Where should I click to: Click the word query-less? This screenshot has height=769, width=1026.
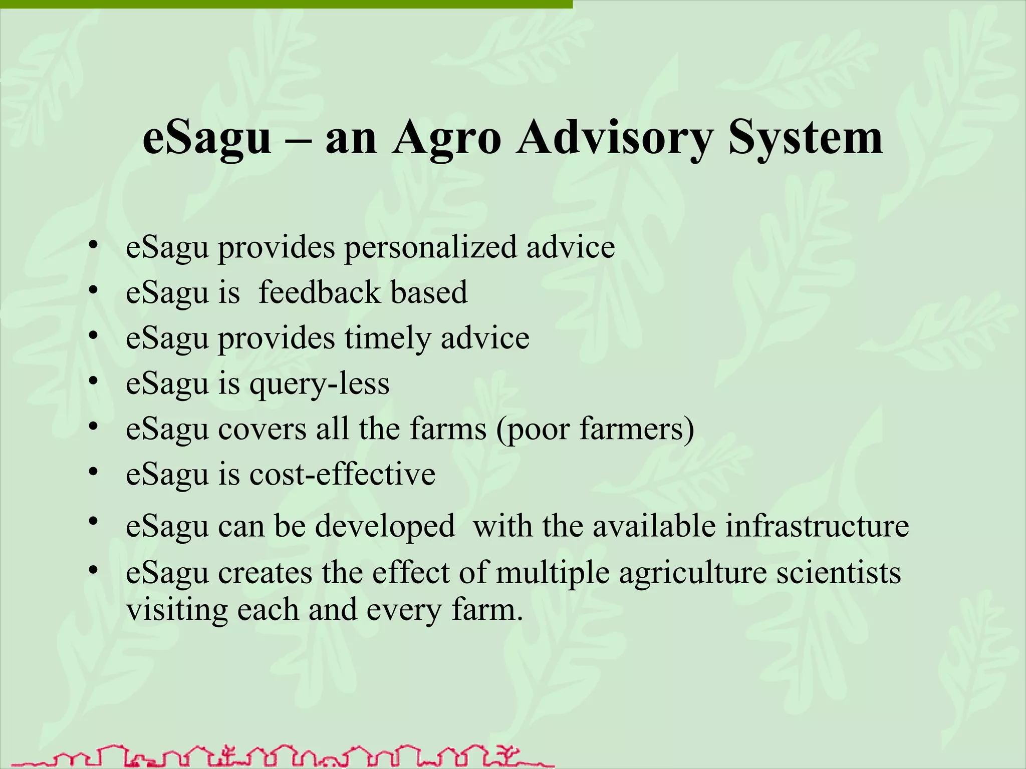coord(319,384)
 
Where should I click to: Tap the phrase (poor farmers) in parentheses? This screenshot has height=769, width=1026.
coord(595,430)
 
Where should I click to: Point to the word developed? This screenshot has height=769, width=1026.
coord(385,527)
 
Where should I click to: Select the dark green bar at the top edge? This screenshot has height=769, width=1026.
coord(286,4)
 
